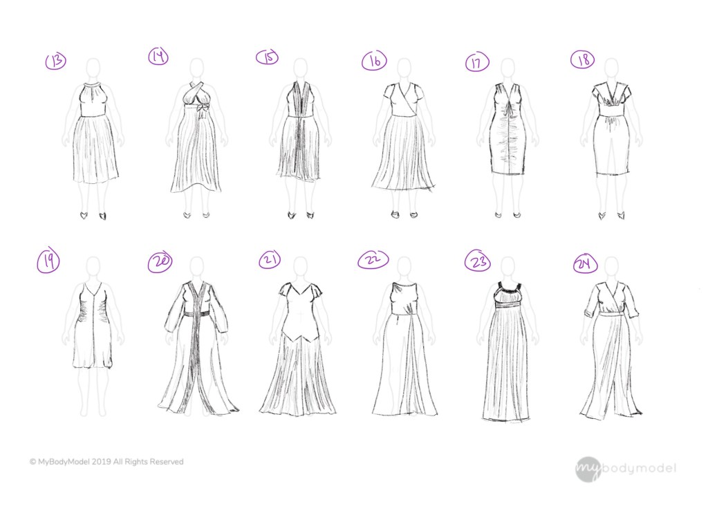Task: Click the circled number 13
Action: tap(56, 61)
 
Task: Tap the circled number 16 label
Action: tap(374, 61)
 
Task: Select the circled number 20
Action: tap(160, 262)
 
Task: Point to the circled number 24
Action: tap(585, 264)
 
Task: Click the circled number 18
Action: tap(582, 60)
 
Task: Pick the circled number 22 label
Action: tap(373, 260)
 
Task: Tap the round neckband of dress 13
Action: tap(93, 85)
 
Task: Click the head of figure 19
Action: tap(93, 268)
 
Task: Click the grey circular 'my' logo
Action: tap(588, 469)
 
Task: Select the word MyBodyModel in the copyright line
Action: tap(64, 462)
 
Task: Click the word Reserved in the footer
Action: tap(167, 462)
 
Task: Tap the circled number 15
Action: tap(268, 57)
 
